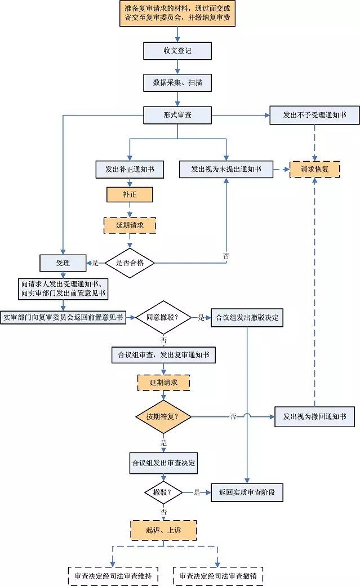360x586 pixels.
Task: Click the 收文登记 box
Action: tap(177, 51)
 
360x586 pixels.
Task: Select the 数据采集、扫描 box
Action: tap(177, 83)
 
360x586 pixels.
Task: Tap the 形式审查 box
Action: tap(177, 116)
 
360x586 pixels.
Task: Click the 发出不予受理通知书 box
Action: tap(314, 116)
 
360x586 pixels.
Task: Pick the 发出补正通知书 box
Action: tap(130, 169)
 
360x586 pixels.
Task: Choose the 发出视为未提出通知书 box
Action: tap(226, 169)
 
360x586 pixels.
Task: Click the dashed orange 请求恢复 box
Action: tap(315, 169)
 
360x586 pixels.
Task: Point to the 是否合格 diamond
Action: tap(130, 263)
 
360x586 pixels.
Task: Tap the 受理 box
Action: tap(63, 263)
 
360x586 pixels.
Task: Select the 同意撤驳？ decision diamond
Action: tap(162, 317)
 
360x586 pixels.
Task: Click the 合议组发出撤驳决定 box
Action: tap(247, 317)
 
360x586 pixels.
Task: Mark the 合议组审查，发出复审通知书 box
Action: tap(163, 354)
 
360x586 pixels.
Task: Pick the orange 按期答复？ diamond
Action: tap(163, 417)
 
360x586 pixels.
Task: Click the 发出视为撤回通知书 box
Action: tap(314, 417)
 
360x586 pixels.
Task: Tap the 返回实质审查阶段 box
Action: tap(247, 492)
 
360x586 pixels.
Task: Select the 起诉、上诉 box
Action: tap(163, 530)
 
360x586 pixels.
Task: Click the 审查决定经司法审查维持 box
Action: tap(113, 576)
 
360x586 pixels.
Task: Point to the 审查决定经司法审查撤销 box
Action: tap(218, 576)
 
